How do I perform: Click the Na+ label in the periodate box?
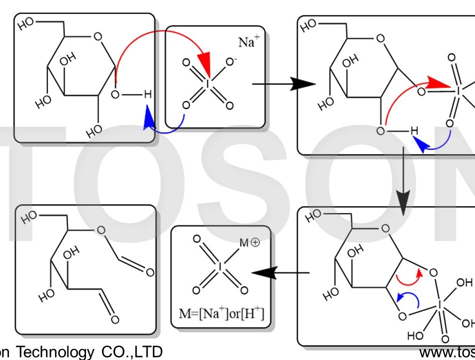246,42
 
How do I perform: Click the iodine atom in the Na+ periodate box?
207,83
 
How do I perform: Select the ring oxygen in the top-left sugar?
98,36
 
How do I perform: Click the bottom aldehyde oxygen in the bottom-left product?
114,319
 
